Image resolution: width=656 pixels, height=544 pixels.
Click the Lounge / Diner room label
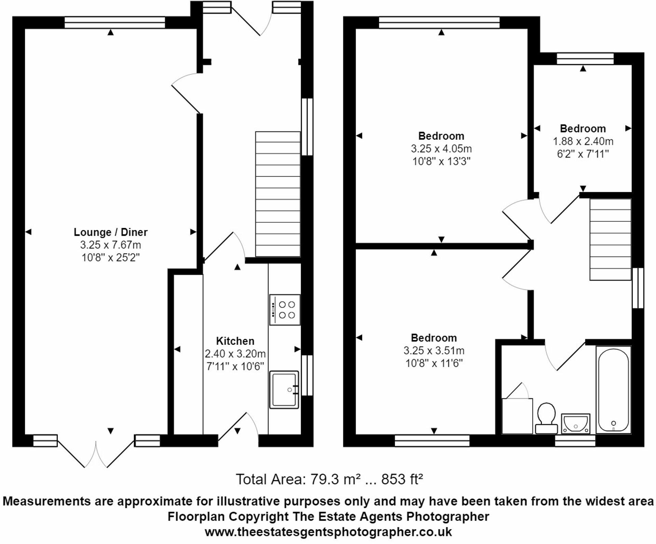pyautogui.click(x=110, y=232)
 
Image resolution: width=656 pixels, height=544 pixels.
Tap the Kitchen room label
pyautogui.click(x=235, y=341)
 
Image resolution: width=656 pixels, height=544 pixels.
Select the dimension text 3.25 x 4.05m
pyautogui.click(x=441, y=149)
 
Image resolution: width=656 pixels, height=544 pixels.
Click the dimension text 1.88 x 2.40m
pyautogui.click(x=583, y=141)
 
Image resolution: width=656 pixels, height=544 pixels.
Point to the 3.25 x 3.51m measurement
pyautogui.click(x=434, y=350)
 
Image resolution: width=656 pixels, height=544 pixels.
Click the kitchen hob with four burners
pyautogui.click(x=285, y=310)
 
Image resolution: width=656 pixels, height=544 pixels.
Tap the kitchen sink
pyautogui.click(x=284, y=390)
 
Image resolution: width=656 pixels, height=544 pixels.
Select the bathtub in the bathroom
pyautogui.click(x=613, y=390)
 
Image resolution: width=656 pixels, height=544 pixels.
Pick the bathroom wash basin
pyautogui.click(x=576, y=424)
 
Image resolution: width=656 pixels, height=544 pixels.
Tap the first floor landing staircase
pyautogui.click(x=610, y=240)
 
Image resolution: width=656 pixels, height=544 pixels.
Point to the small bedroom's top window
pyautogui.click(x=585, y=58)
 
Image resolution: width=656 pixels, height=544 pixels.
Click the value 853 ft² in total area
pyautogui.click(x=402, y=479)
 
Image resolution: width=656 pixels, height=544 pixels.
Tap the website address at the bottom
pyautogui.click(x=328, y=532)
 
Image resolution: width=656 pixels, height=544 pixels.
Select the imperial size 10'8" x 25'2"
pyautogui.click(x=110, y=257)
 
